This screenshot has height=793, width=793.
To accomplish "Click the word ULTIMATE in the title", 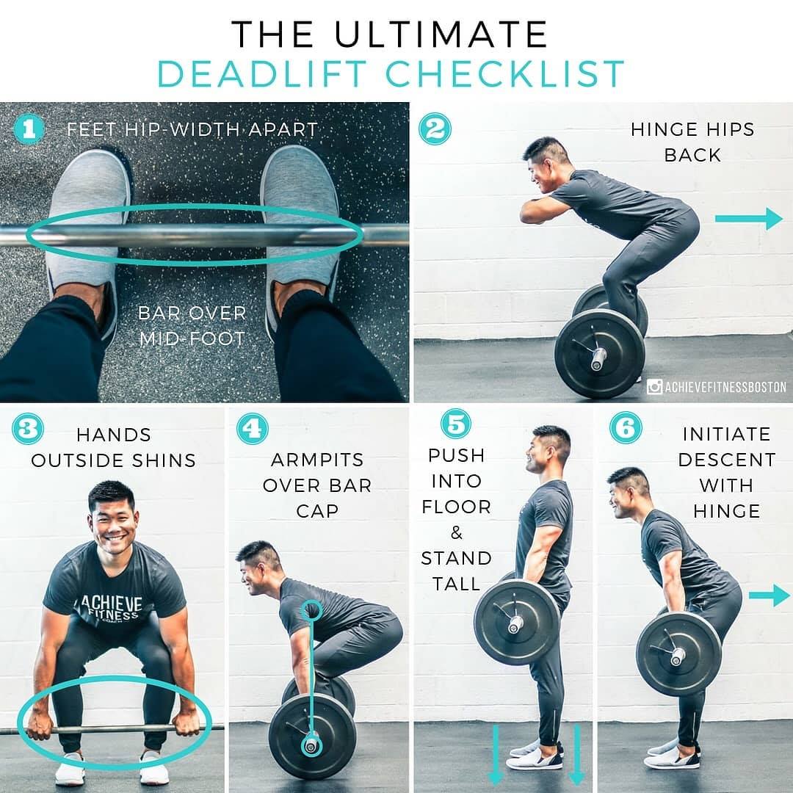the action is pos(441,35).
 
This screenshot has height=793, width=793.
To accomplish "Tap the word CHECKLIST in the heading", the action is pos(505,74).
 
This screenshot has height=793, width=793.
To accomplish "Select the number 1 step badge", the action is pos(29,129).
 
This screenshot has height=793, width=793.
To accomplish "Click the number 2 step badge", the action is pos(435,129).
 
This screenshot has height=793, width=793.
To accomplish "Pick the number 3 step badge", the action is pos(27,429).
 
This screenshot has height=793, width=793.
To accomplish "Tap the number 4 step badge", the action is pos(253,429).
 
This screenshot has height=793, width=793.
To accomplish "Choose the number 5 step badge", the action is pos(456,424).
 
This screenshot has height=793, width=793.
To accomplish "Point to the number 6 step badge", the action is pos(626,427).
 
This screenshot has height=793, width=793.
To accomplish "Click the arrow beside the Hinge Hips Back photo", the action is pos(748,219).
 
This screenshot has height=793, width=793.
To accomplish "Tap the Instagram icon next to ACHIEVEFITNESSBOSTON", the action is pos(654,387).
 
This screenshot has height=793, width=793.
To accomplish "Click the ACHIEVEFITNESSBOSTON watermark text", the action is pos(725,388).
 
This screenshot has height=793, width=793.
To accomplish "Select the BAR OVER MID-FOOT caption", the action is pos(192,326).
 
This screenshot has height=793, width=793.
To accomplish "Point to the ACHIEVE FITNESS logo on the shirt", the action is pos(109,607).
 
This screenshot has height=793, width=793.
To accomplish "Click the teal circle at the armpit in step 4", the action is pos(311,610).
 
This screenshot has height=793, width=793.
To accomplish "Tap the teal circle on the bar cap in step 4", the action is pos(311,745).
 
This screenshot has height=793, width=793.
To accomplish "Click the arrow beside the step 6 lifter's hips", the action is pos(770,595).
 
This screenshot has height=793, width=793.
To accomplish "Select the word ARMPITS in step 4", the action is pos(317,460).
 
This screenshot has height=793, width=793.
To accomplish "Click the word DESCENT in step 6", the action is pos(727,460).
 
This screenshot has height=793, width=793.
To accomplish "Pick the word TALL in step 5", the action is pos(456,584).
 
